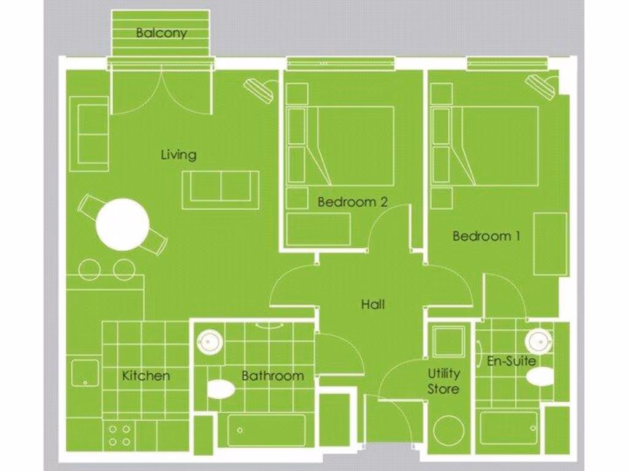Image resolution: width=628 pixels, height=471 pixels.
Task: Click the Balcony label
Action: [161, 33]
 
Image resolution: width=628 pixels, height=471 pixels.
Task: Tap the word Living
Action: [178, 154]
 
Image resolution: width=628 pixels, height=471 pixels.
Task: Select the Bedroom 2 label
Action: [352, 202]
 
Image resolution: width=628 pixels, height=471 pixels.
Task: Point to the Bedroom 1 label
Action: [486, 235]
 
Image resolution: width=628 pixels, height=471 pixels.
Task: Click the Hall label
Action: [373, 304]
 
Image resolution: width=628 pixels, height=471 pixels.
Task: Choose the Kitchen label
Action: [146, 375]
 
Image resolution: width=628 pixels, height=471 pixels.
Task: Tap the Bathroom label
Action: [272, 375]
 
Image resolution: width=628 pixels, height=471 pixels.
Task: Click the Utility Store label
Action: [443, 381]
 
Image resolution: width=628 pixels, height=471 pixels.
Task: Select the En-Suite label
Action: [511, 361]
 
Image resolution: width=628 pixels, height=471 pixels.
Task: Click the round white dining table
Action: [123, 224]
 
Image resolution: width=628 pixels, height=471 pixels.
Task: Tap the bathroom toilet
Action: [221, 389]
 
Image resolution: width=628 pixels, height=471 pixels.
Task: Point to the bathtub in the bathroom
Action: [266, 431]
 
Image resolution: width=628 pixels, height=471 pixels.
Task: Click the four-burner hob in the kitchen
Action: [120, 435]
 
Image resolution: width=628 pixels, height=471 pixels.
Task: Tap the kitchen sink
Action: [85, 373]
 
